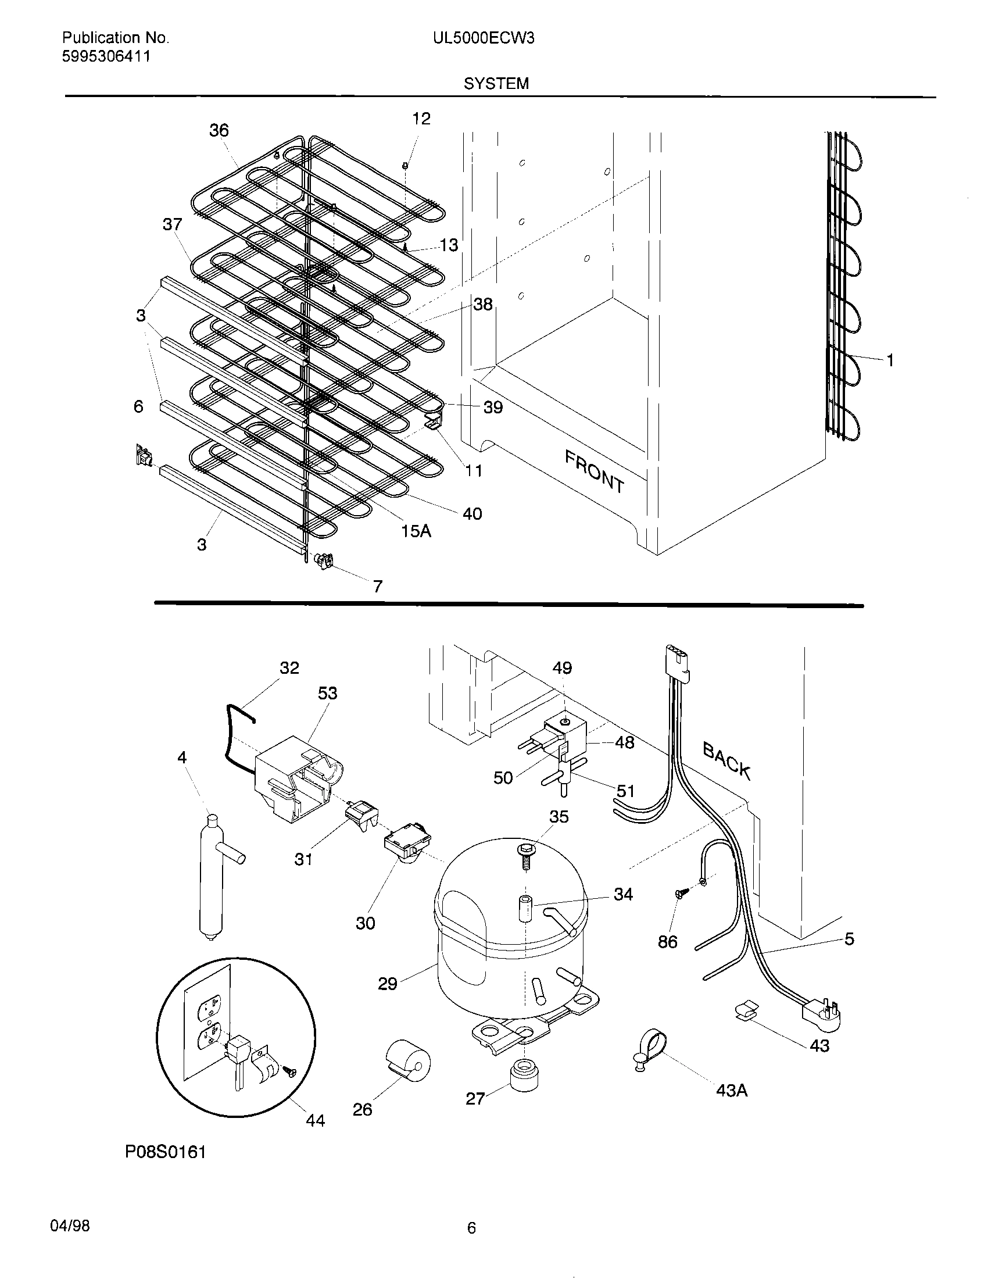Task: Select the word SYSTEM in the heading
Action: [496, 84]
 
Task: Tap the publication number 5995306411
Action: [106, 57]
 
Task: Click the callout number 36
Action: [219, 130]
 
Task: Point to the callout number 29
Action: [387, 983]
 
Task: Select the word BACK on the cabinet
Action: [726, 760]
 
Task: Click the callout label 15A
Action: [416, 531]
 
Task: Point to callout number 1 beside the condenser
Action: [890, 361]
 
